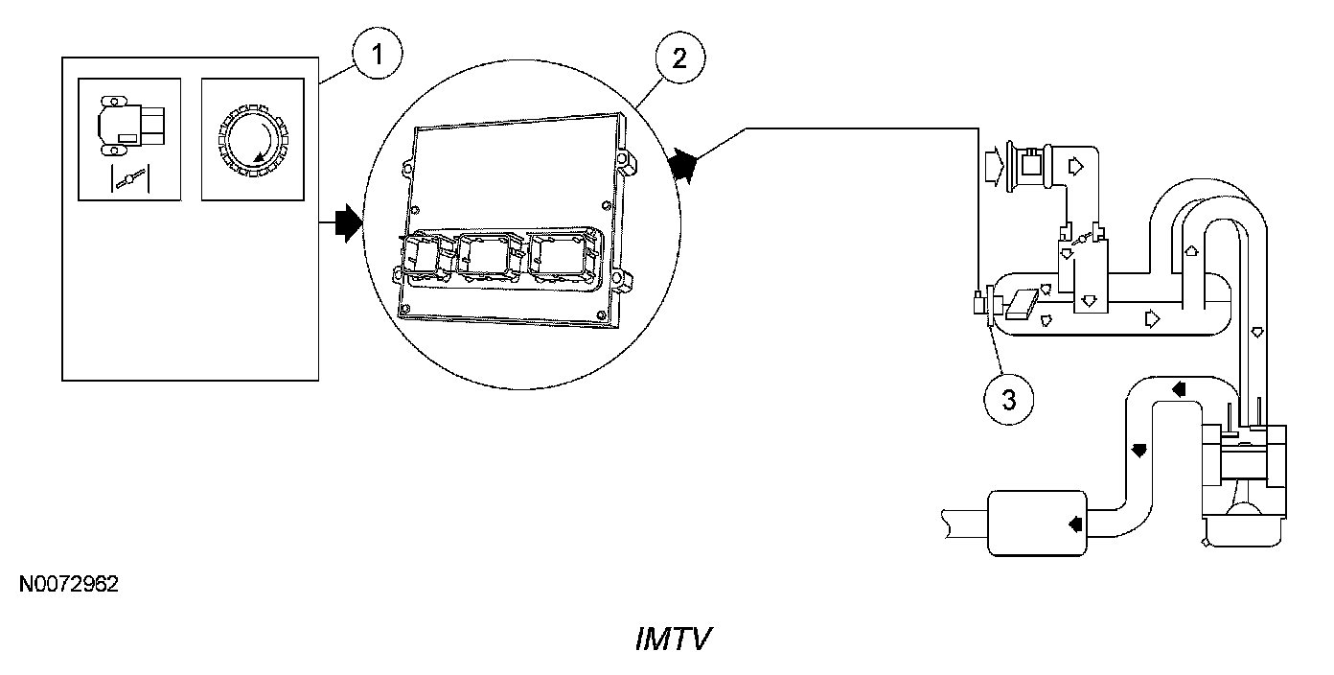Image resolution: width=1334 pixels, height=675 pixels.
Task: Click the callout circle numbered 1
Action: (x=379, y=55)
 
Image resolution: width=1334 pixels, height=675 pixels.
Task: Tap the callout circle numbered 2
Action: (x=678, y=58)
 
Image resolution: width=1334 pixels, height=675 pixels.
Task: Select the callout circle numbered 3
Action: (x=1008, y=399)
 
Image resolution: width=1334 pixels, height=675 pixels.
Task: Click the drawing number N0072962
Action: (x=68, y=584)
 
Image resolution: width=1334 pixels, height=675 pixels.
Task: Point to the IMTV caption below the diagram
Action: (x=673, y=640)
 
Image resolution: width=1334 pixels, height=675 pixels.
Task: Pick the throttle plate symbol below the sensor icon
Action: (x=131, y=178)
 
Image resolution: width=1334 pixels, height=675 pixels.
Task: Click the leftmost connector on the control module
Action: (x=422, y=259)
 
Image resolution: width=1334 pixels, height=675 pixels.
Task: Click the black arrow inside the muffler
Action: (x=1073, y=524)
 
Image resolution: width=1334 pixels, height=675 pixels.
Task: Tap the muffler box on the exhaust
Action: (x=1038, y=523)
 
